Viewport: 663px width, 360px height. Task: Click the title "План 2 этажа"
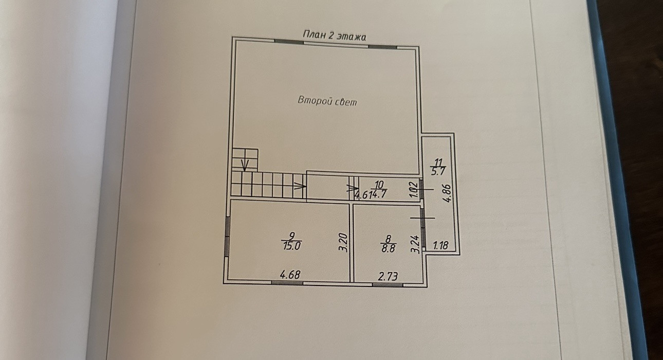(x=334, y=35)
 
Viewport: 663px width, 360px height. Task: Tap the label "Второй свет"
(x=327, y=101)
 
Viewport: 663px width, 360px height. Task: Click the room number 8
(x=388, y=238)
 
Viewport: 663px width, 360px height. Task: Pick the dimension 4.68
(x=289, y=275)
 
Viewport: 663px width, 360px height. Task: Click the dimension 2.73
(x=388, y=277)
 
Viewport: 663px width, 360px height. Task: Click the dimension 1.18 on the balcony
(x=440, y=246)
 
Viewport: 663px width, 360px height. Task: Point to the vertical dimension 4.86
(x=447, y=193)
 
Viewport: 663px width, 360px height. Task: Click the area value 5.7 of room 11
(x=438, y=172)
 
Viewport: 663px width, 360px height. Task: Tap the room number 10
(x=379, y=184)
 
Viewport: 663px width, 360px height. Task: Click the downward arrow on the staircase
(x=245, y=164)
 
